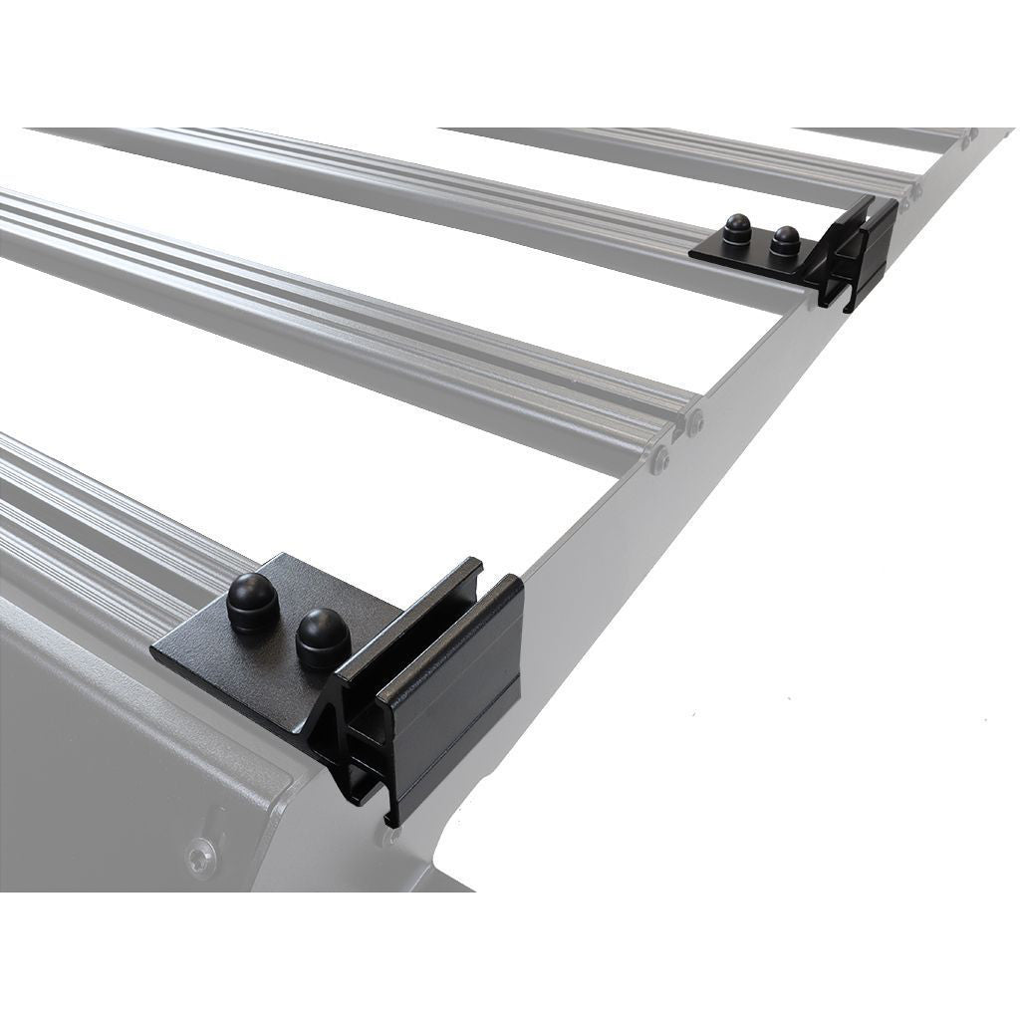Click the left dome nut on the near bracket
click(252, 601)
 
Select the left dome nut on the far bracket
click(738, 230)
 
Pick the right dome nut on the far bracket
click(786, 239)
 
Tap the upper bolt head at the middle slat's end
click(693, 423)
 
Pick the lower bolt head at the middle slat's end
click(659, 458)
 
